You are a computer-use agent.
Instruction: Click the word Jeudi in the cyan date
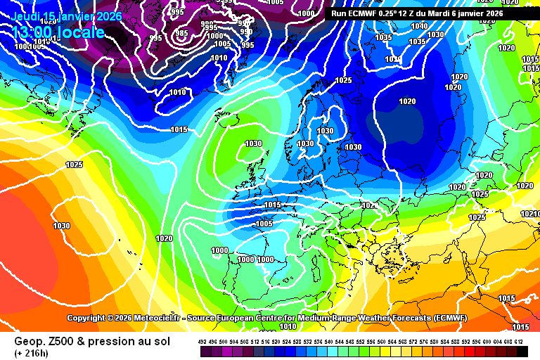(x=27, y=16)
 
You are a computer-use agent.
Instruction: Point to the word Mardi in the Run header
(x=448, y=13)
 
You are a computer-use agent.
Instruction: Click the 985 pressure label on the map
(x=181, y=33)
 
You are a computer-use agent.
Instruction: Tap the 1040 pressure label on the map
(x=419, y=26)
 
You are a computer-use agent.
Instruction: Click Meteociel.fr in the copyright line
(x=155, y=318)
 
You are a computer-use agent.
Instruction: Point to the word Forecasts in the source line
(x=375, y=318)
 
